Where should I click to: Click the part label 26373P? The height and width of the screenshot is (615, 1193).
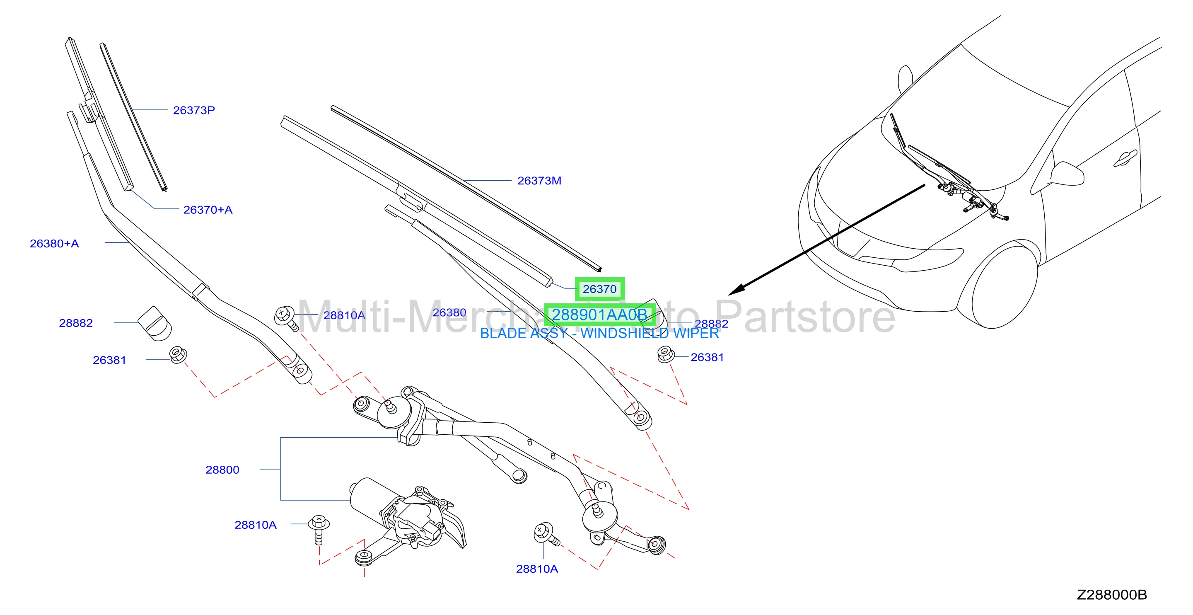[x=193, y=110]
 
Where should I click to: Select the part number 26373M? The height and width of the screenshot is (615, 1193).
[x=539, y=181]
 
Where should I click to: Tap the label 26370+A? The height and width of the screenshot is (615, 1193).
[x=208, y=210]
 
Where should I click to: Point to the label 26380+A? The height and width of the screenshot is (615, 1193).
[x=54, y=244]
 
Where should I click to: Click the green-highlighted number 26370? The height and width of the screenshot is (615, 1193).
[x=599, y=289]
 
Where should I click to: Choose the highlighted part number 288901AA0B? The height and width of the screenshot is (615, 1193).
[x=599, y=315]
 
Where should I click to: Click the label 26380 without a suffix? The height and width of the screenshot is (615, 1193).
[x=449, y=313]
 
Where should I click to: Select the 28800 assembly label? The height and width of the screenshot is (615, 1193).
[x=222, y=470]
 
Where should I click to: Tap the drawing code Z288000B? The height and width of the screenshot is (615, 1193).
[x=1112, y=595]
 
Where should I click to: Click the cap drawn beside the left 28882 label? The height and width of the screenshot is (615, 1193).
[x=155, y=324]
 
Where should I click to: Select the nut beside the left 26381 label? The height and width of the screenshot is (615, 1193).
[x=178, y=355]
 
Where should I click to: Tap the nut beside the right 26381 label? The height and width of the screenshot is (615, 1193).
[x=666, y=355]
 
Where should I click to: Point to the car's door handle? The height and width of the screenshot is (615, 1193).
[x=1125, y=158]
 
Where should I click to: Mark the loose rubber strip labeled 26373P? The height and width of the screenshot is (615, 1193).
[x=133, y=117]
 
